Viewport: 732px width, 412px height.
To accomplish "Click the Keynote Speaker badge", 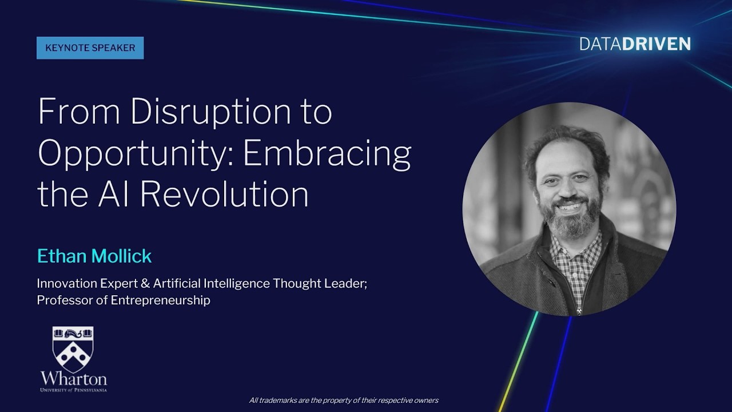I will pyautogui.click(x=90, y=48).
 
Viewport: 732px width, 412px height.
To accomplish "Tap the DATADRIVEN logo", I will pyautogui.click(x=635, y=44).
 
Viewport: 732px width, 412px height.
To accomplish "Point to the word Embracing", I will pyautogui.click(x=327, y=154).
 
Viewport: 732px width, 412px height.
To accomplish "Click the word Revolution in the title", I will pyautogui.click(x=224, y=194).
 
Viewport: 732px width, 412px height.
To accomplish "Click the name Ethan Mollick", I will pyautogui.click(x=94, y=256).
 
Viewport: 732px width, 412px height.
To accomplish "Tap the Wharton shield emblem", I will pyautogui.click(x=73, y=348).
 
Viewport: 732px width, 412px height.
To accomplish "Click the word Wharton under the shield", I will pyautogui.click(x=73, y=379).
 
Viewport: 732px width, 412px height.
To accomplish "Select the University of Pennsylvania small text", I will pyautogui.click(x=73, y=390).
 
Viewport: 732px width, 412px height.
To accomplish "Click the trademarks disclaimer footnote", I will pyautogui.click(x=344, y=401).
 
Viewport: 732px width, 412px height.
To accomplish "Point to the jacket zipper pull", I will pyautogui.click(x=579, y=312).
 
